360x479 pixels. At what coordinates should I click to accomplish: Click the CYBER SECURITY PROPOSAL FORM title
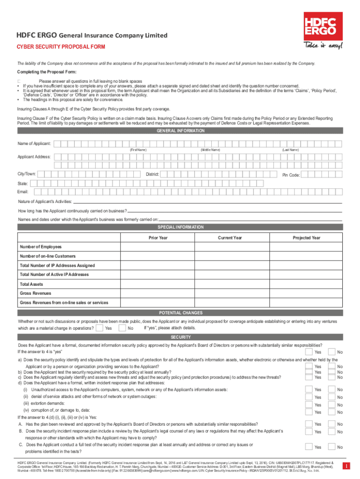(x=61, y=47)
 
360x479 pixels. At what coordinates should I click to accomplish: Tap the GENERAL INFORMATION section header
(x=180, y=131)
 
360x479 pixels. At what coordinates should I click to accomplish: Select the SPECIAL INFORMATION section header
(x=180, y=227)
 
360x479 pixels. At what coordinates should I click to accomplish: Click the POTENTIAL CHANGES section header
(x=180, y=312)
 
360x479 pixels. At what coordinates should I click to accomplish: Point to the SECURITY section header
(x=180, y=337)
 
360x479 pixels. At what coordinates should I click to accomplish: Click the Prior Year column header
(x=158, y=238)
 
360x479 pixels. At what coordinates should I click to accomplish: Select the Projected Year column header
(x=306, y=238)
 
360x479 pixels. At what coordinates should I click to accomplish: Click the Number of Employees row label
(x=41, y=247)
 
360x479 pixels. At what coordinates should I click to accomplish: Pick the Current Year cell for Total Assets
(x=230, y=284)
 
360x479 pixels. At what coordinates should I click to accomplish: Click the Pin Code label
(x=290, y=175)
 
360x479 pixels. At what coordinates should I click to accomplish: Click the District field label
(x=152, y=174)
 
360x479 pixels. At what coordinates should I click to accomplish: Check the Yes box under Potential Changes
(x=99, y=328)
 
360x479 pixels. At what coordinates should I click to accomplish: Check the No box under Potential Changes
(x=122, y=328)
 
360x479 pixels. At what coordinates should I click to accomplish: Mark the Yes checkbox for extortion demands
(x=309, y=404)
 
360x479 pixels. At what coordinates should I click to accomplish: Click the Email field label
(x=23, y=192)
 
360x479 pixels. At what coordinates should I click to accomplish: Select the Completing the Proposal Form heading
(x=43, y=72)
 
